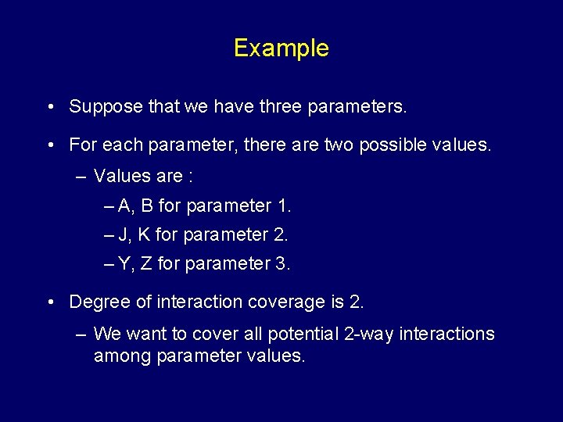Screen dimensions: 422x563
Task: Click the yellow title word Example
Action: [281, 48]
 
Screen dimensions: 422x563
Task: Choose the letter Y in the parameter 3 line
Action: [125, 264]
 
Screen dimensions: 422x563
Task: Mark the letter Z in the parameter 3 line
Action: [146, 264]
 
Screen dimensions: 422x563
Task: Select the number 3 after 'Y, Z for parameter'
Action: [282, 264]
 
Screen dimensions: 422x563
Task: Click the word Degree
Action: [97, 302]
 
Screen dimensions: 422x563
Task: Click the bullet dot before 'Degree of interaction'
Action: [50, 302]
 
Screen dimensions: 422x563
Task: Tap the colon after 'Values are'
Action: [190, 177]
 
